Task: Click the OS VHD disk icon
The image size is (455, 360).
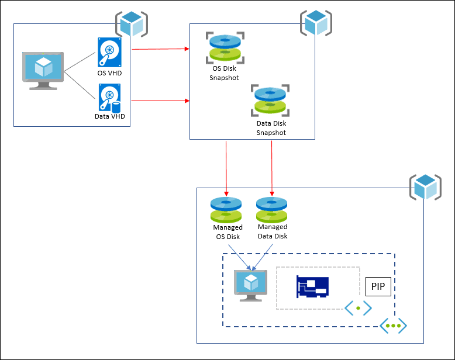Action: [x=109, y=53]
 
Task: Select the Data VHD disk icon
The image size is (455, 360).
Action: [x=109, y=98]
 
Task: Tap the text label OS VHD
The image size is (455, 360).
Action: [x=109, y=74]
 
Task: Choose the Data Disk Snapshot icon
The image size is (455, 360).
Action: [x=271, y=101]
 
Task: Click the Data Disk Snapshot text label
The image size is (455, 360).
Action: [x=271, y=128]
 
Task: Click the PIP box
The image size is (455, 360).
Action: [x=378, y=287]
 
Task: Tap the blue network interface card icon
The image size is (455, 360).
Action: [x=312, y=287]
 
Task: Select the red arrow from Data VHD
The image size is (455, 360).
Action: [x=161, y=101]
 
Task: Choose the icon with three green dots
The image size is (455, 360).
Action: [x=393, y=325]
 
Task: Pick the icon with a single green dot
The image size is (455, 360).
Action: [x=358, y=308]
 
